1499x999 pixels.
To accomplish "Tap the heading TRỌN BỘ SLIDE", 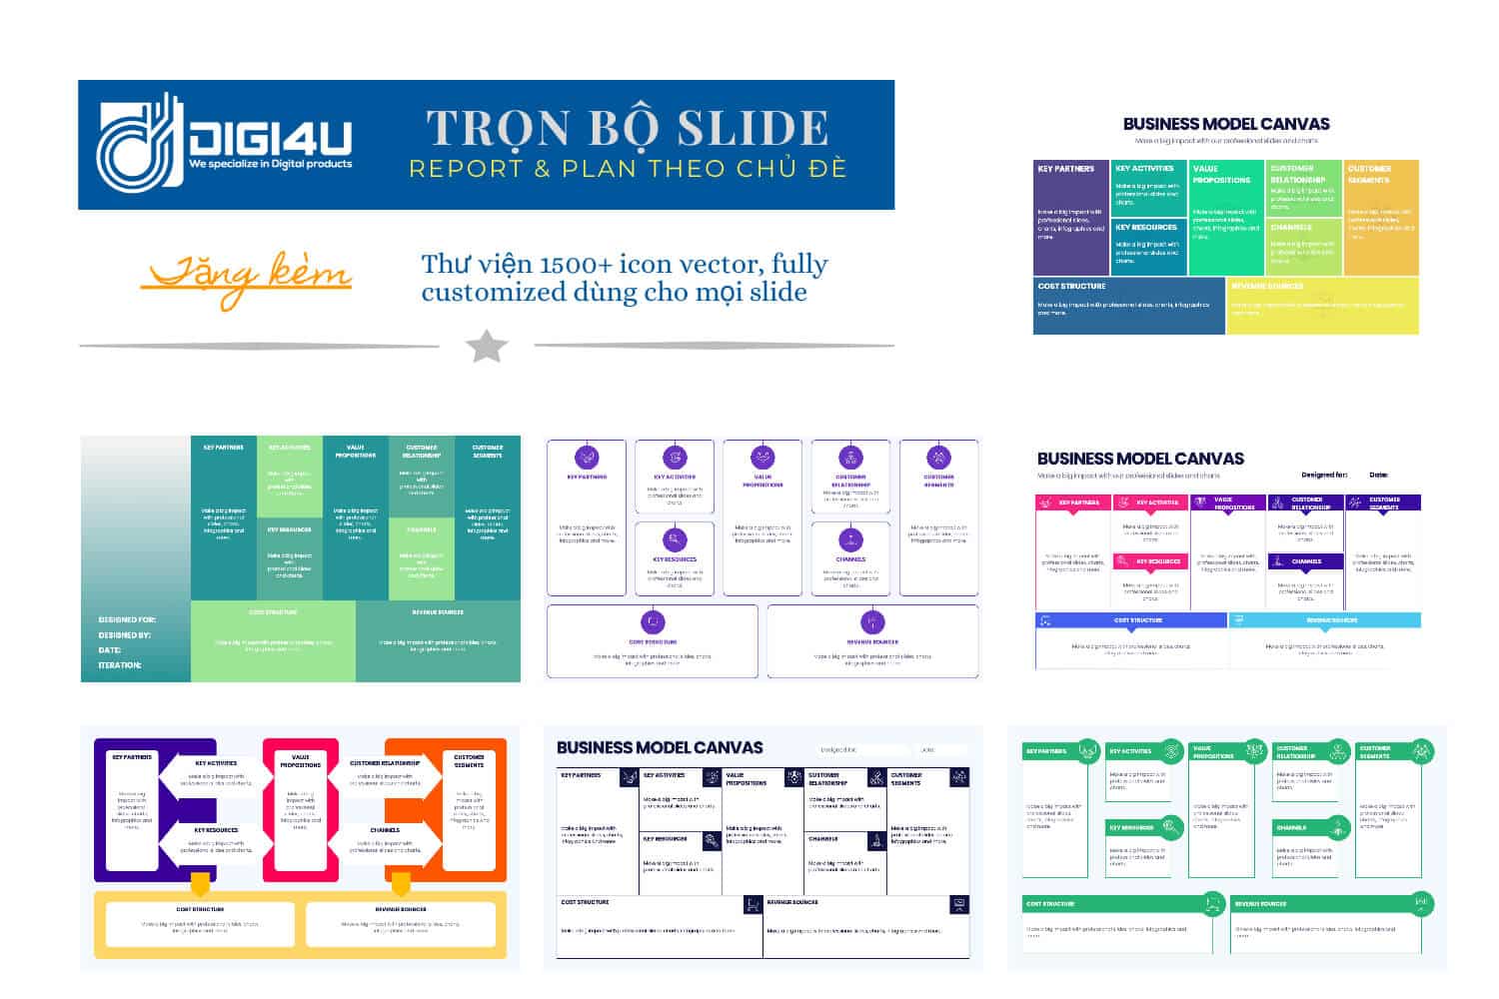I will click(x=628, y=128).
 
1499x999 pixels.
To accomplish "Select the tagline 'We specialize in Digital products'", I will click(x=270, y=164).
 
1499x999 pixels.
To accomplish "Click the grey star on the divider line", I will click(x=487, y=346).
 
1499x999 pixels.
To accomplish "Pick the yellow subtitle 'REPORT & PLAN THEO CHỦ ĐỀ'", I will click(x=628, y=168).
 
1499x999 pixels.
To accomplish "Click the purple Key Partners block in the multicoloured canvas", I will click(x=1070, y=217).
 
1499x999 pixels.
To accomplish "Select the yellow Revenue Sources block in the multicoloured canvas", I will click(x=1322, y=305).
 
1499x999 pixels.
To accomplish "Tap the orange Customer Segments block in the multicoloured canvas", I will click(x=1381, y=217).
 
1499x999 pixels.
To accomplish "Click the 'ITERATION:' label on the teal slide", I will click(x=120, y=665).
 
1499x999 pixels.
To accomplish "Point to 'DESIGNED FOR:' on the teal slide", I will click(x=127, y=619).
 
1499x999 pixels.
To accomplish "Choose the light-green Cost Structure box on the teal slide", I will click(x=273, y=640).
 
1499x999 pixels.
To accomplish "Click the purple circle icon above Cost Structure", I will click(x=653, y=622).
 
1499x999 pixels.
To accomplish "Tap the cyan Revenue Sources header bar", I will click(x=1324, y=620).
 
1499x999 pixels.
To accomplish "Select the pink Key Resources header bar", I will click(x=1150, y=561).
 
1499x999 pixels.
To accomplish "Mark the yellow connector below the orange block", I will click(x=401, y=884).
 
